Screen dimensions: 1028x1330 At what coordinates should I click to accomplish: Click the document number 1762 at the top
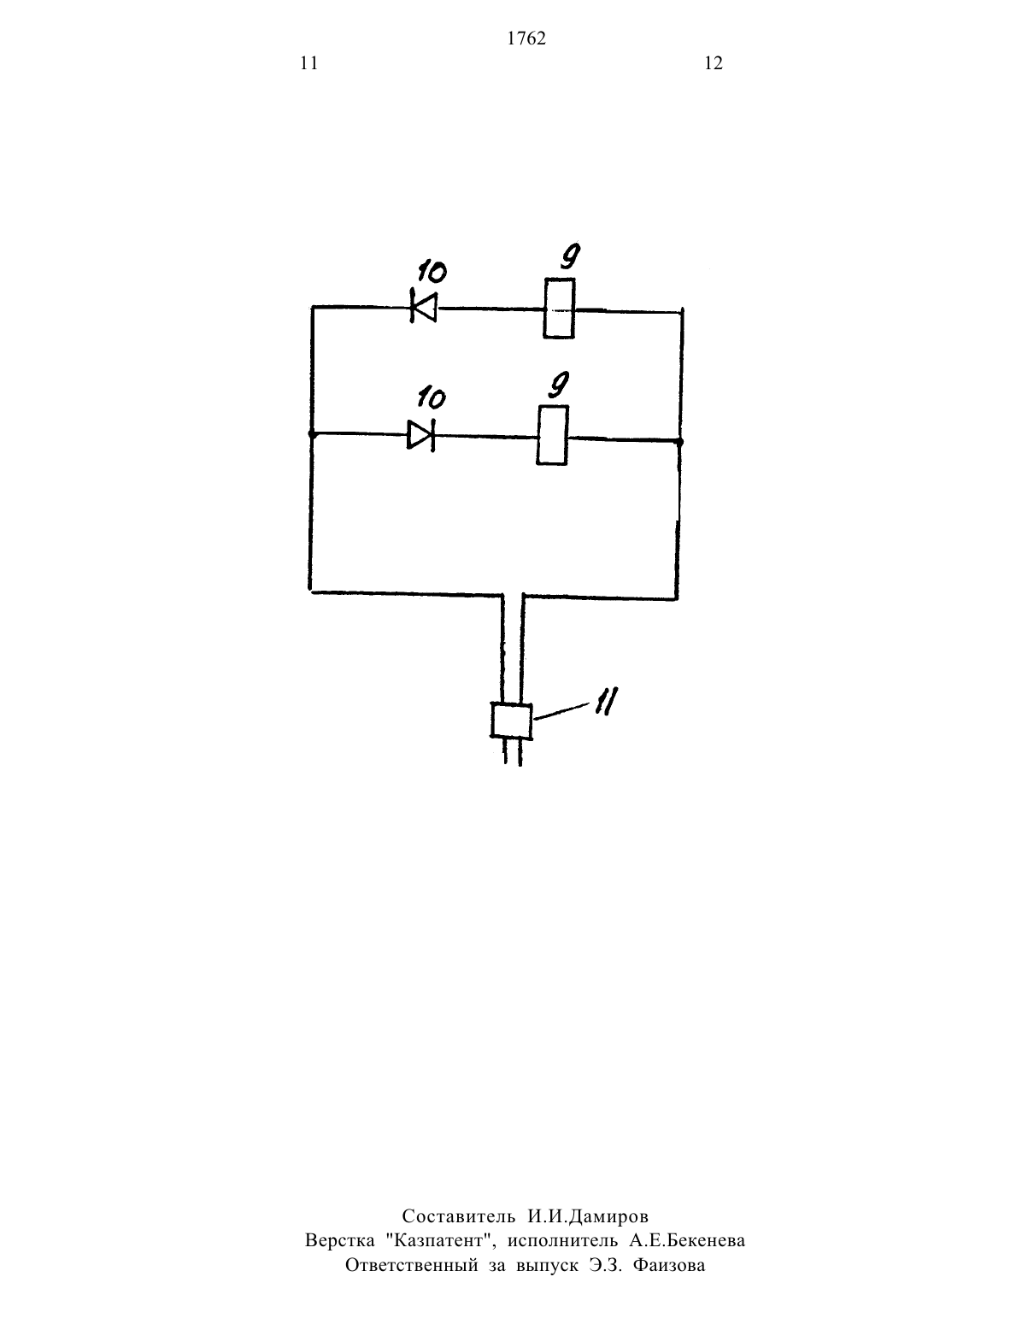[526, 38]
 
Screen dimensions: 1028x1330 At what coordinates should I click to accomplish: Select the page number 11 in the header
[309, 63]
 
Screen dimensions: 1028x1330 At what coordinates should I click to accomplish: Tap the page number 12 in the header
[714, 63]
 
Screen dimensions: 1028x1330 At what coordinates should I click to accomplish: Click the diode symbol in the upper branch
[424, 306]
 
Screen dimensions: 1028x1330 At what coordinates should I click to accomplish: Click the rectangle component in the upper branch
[559, 309]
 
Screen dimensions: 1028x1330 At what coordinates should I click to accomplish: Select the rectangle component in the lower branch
[553, 435]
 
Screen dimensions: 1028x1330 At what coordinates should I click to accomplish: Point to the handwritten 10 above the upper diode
[432, 272]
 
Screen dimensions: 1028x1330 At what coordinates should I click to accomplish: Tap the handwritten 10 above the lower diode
[432, 398]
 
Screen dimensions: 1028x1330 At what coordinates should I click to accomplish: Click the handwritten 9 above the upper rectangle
[570, 256]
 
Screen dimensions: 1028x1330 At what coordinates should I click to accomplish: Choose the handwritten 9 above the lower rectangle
[558, 385]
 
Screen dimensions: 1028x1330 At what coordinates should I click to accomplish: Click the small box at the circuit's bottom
[512, 721]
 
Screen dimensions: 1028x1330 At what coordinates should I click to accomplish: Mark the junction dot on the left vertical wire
[311, 434]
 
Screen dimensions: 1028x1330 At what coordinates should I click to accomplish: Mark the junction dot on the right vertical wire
[679, 441]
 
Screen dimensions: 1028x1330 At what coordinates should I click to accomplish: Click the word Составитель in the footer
[458, 1216]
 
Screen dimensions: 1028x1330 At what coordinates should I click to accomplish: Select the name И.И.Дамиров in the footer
[588, 1217]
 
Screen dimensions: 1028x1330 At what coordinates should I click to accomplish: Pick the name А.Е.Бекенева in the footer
[687, 1240]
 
